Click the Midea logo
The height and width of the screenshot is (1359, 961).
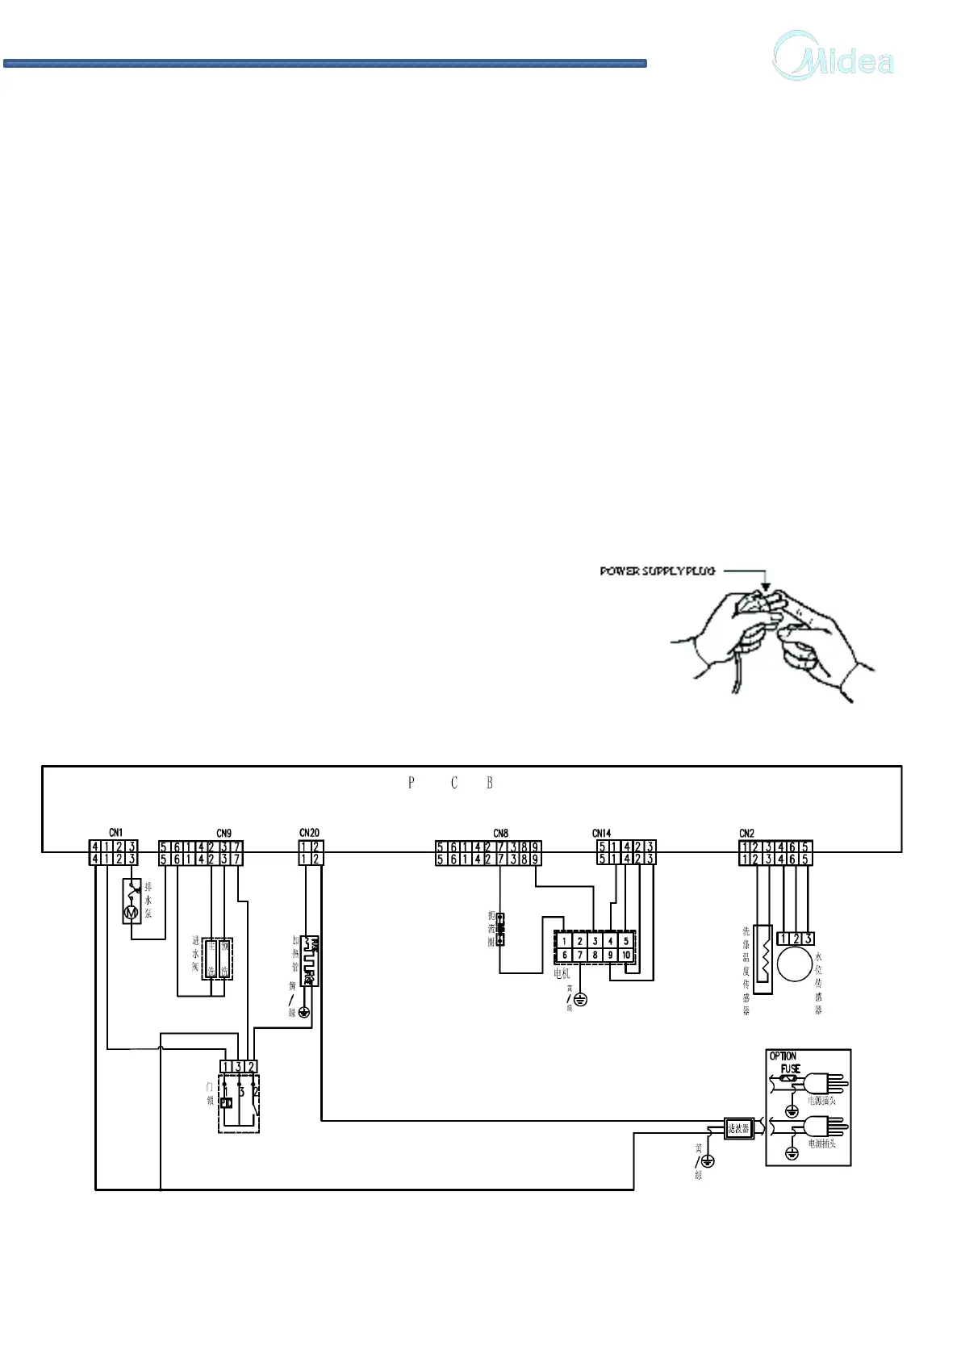pos(834,56)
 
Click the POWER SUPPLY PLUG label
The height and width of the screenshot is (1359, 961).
pos(657,571)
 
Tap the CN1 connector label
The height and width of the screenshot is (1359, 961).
pos(116,832)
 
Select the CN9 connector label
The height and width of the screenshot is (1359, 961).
pos(224,833)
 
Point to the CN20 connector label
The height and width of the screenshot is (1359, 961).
pos(309,832)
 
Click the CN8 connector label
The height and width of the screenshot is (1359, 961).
pos(500,833)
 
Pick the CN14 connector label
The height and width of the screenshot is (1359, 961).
pos(602,833)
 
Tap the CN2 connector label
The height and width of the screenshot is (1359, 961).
pos(747,833)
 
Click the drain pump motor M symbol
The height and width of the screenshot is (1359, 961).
pos(131,913)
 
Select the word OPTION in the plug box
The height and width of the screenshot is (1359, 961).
pos(783,1056)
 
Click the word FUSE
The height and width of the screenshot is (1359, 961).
pos(790,1068)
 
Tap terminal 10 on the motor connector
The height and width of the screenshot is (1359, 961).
pos(625,955)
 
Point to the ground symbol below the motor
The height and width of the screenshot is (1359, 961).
pos(580,999)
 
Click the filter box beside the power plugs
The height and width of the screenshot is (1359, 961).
pos(738,1128)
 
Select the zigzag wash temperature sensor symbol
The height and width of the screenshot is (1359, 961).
pos(763,959)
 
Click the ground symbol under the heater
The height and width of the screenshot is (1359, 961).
pos(305,1012)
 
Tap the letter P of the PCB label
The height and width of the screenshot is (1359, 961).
pos(412,782)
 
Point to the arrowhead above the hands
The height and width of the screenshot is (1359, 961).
pos(766,588)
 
